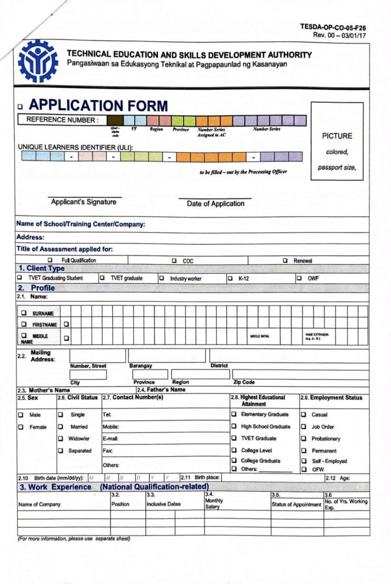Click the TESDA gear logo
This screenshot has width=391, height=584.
click(38, 61)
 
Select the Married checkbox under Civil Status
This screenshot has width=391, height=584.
click(60, 427)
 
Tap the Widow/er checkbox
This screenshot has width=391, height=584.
click(60, 439)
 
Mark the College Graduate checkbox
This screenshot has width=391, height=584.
click(234, 460)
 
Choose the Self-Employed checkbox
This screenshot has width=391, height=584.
click(304, 461)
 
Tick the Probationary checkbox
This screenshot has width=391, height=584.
click(304, 439)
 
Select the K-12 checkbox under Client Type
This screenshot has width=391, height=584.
click(230, 278)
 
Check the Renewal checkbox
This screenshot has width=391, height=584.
click(285, 261)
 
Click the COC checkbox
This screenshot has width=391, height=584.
click(174, 261)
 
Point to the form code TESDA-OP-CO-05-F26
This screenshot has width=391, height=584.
click(333, 27)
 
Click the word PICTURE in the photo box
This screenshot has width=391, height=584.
click(337, 136)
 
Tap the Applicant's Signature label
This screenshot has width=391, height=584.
click(83, 202)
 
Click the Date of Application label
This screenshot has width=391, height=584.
click(215, 204)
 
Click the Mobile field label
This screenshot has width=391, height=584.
click(111, 427)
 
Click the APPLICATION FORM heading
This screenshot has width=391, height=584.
click(98, 106)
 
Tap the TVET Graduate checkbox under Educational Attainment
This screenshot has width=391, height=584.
click(234, 439)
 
